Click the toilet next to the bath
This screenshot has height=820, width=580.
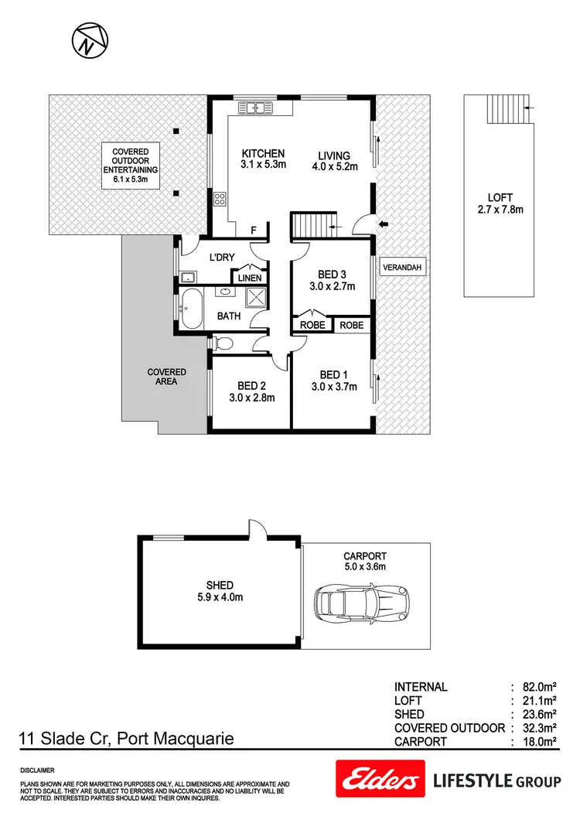pos(223,343)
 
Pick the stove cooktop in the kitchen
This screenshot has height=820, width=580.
pos(220,200)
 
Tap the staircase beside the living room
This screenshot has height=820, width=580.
pos(314,226)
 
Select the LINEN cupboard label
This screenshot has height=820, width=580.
pos(250,277)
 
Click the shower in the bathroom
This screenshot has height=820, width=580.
pos(254,297)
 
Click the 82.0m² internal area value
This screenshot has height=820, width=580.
pos(541,686)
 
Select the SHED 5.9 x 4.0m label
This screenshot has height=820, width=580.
pos(220,590)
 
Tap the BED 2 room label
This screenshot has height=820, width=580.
pos(252,392)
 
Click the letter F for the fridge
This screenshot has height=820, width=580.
pos(252,230)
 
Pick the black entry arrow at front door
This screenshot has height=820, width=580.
pos(384,225)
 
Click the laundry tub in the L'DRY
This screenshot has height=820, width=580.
pos(186,276)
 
